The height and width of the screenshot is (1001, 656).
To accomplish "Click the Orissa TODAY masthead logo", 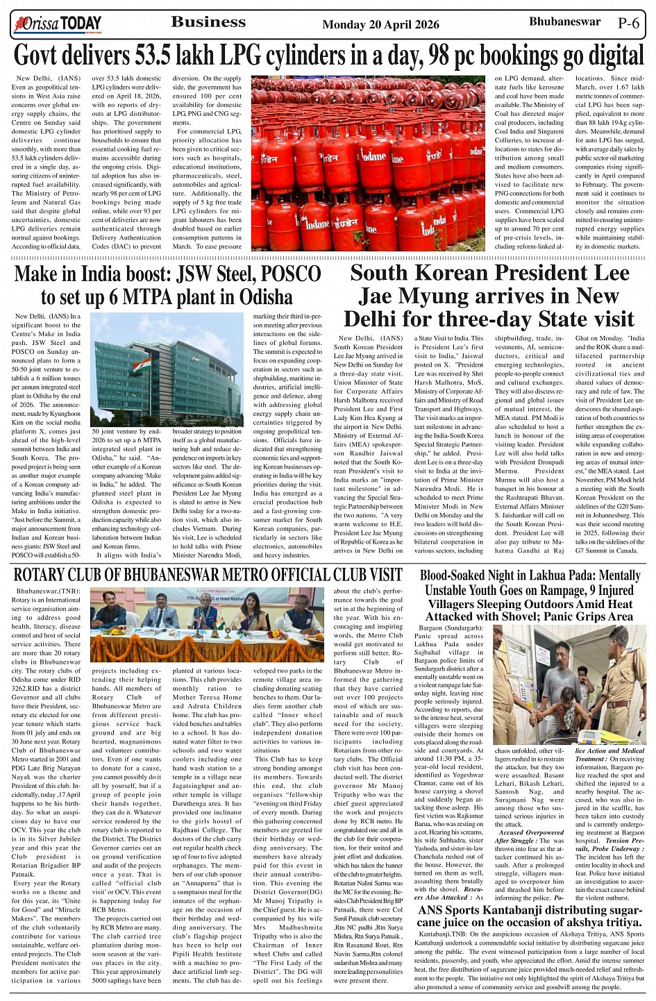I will point(57,24).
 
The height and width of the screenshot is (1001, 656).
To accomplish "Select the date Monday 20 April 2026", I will point(380,24).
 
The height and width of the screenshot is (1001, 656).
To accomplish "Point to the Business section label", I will point(208,22).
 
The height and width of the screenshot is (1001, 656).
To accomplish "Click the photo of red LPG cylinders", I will point(367,162).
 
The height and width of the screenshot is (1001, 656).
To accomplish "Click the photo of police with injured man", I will point(569,684).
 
